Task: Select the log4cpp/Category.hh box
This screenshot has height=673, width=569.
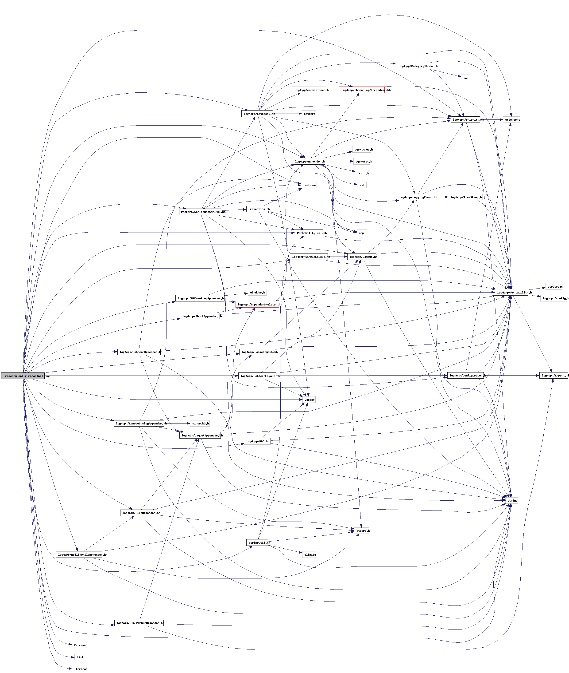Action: [257, 114]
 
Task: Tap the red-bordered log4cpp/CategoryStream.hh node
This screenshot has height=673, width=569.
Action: [416, 66]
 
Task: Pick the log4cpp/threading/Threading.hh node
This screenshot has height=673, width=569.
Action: [362, 90]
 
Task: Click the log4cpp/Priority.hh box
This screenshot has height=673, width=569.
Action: [465, 119]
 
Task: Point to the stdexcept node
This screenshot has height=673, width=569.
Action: [512, 119]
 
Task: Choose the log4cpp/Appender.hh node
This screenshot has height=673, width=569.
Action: [309, 162]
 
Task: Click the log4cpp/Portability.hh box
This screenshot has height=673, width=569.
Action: [512, 292]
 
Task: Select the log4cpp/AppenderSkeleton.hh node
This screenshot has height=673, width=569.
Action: [257, 304]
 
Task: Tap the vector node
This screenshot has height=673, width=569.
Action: [309, 400]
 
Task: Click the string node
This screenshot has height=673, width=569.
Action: [512, 501]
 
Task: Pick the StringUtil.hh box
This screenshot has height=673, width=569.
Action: [257, 542]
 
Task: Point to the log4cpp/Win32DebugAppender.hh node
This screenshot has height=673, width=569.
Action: [139, 623]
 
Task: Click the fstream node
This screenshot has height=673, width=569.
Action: [80, 645]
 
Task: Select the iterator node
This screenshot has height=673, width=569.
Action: [80, 669]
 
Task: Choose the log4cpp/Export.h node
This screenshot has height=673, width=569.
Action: [554, 376]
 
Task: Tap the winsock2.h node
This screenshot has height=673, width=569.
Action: [200, 423]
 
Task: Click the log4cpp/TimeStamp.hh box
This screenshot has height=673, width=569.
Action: [465, 197]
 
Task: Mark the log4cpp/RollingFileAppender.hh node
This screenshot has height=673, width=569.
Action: [79, 554]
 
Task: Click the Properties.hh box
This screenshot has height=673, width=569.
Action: [257, 209]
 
